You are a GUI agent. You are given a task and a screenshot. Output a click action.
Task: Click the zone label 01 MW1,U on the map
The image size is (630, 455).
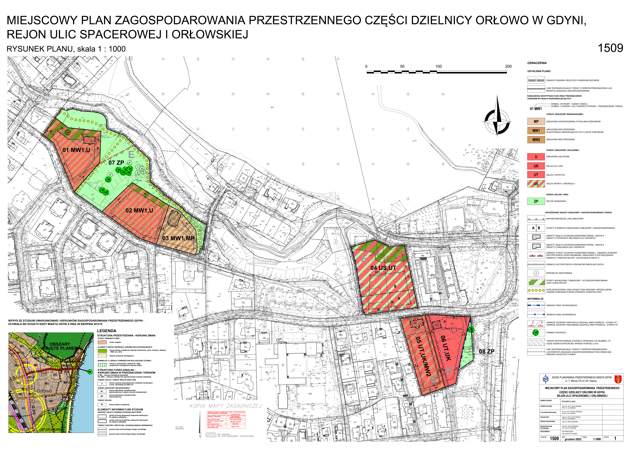[76, 150]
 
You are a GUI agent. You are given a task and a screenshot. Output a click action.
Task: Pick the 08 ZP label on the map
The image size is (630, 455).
[486, 351]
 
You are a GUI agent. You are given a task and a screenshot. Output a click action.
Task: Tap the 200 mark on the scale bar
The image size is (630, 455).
[508, 66]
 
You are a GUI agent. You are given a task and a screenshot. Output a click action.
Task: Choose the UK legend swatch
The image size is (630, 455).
[536, 166]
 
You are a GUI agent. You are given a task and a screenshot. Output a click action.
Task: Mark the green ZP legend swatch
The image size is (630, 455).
[536, 201]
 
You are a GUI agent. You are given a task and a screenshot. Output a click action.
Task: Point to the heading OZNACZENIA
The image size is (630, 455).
[537, 63]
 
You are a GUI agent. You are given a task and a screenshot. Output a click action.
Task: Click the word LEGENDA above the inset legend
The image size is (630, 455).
[107, 331]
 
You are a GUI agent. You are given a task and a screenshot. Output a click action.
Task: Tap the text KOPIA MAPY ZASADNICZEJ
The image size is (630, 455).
[226, 406]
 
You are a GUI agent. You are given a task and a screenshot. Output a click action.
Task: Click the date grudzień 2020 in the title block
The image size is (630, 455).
[573, 439]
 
